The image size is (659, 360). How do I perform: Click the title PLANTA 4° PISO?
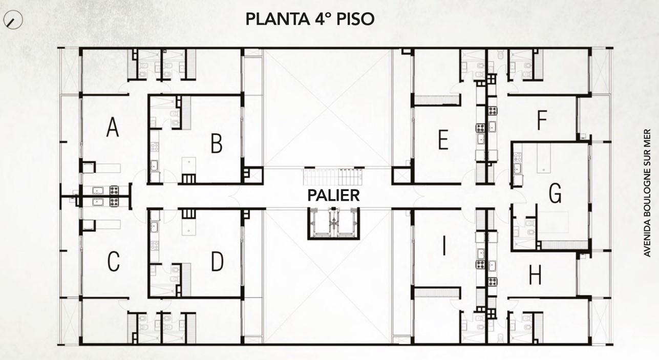(x=310, y=19)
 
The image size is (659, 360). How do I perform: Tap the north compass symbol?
(x=13, y=20)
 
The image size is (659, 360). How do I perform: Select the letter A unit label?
(x=113, y=127)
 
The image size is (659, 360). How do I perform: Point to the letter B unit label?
(x=217, y=143)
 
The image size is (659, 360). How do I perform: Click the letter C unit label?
(x=114, y=261)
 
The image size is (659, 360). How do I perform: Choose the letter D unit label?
(x=218, y=261)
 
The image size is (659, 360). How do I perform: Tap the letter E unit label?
(x=443, y=140)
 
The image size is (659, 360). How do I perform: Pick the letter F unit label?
(x=542, y=120)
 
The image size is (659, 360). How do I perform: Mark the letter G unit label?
(x=555, y=193)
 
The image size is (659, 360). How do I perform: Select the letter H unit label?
(x=535, y=274)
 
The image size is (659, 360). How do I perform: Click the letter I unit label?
(x=444, y=246)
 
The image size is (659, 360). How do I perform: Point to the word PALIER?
(x=333, y=196)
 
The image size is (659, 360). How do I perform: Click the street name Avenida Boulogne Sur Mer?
(x=647, y=193)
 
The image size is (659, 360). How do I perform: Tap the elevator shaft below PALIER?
(x=334, y=223)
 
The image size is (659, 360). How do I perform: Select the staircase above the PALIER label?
(x=333, y=177)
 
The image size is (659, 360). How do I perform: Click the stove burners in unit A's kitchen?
(x=115, y=190)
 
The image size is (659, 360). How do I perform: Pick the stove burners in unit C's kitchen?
(x=115, y=202)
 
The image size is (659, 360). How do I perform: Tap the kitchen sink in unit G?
(x=517, y=168)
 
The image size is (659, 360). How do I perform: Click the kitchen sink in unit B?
(x=154, y=165)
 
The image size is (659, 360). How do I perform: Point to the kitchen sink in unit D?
(x=154, y=227)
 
